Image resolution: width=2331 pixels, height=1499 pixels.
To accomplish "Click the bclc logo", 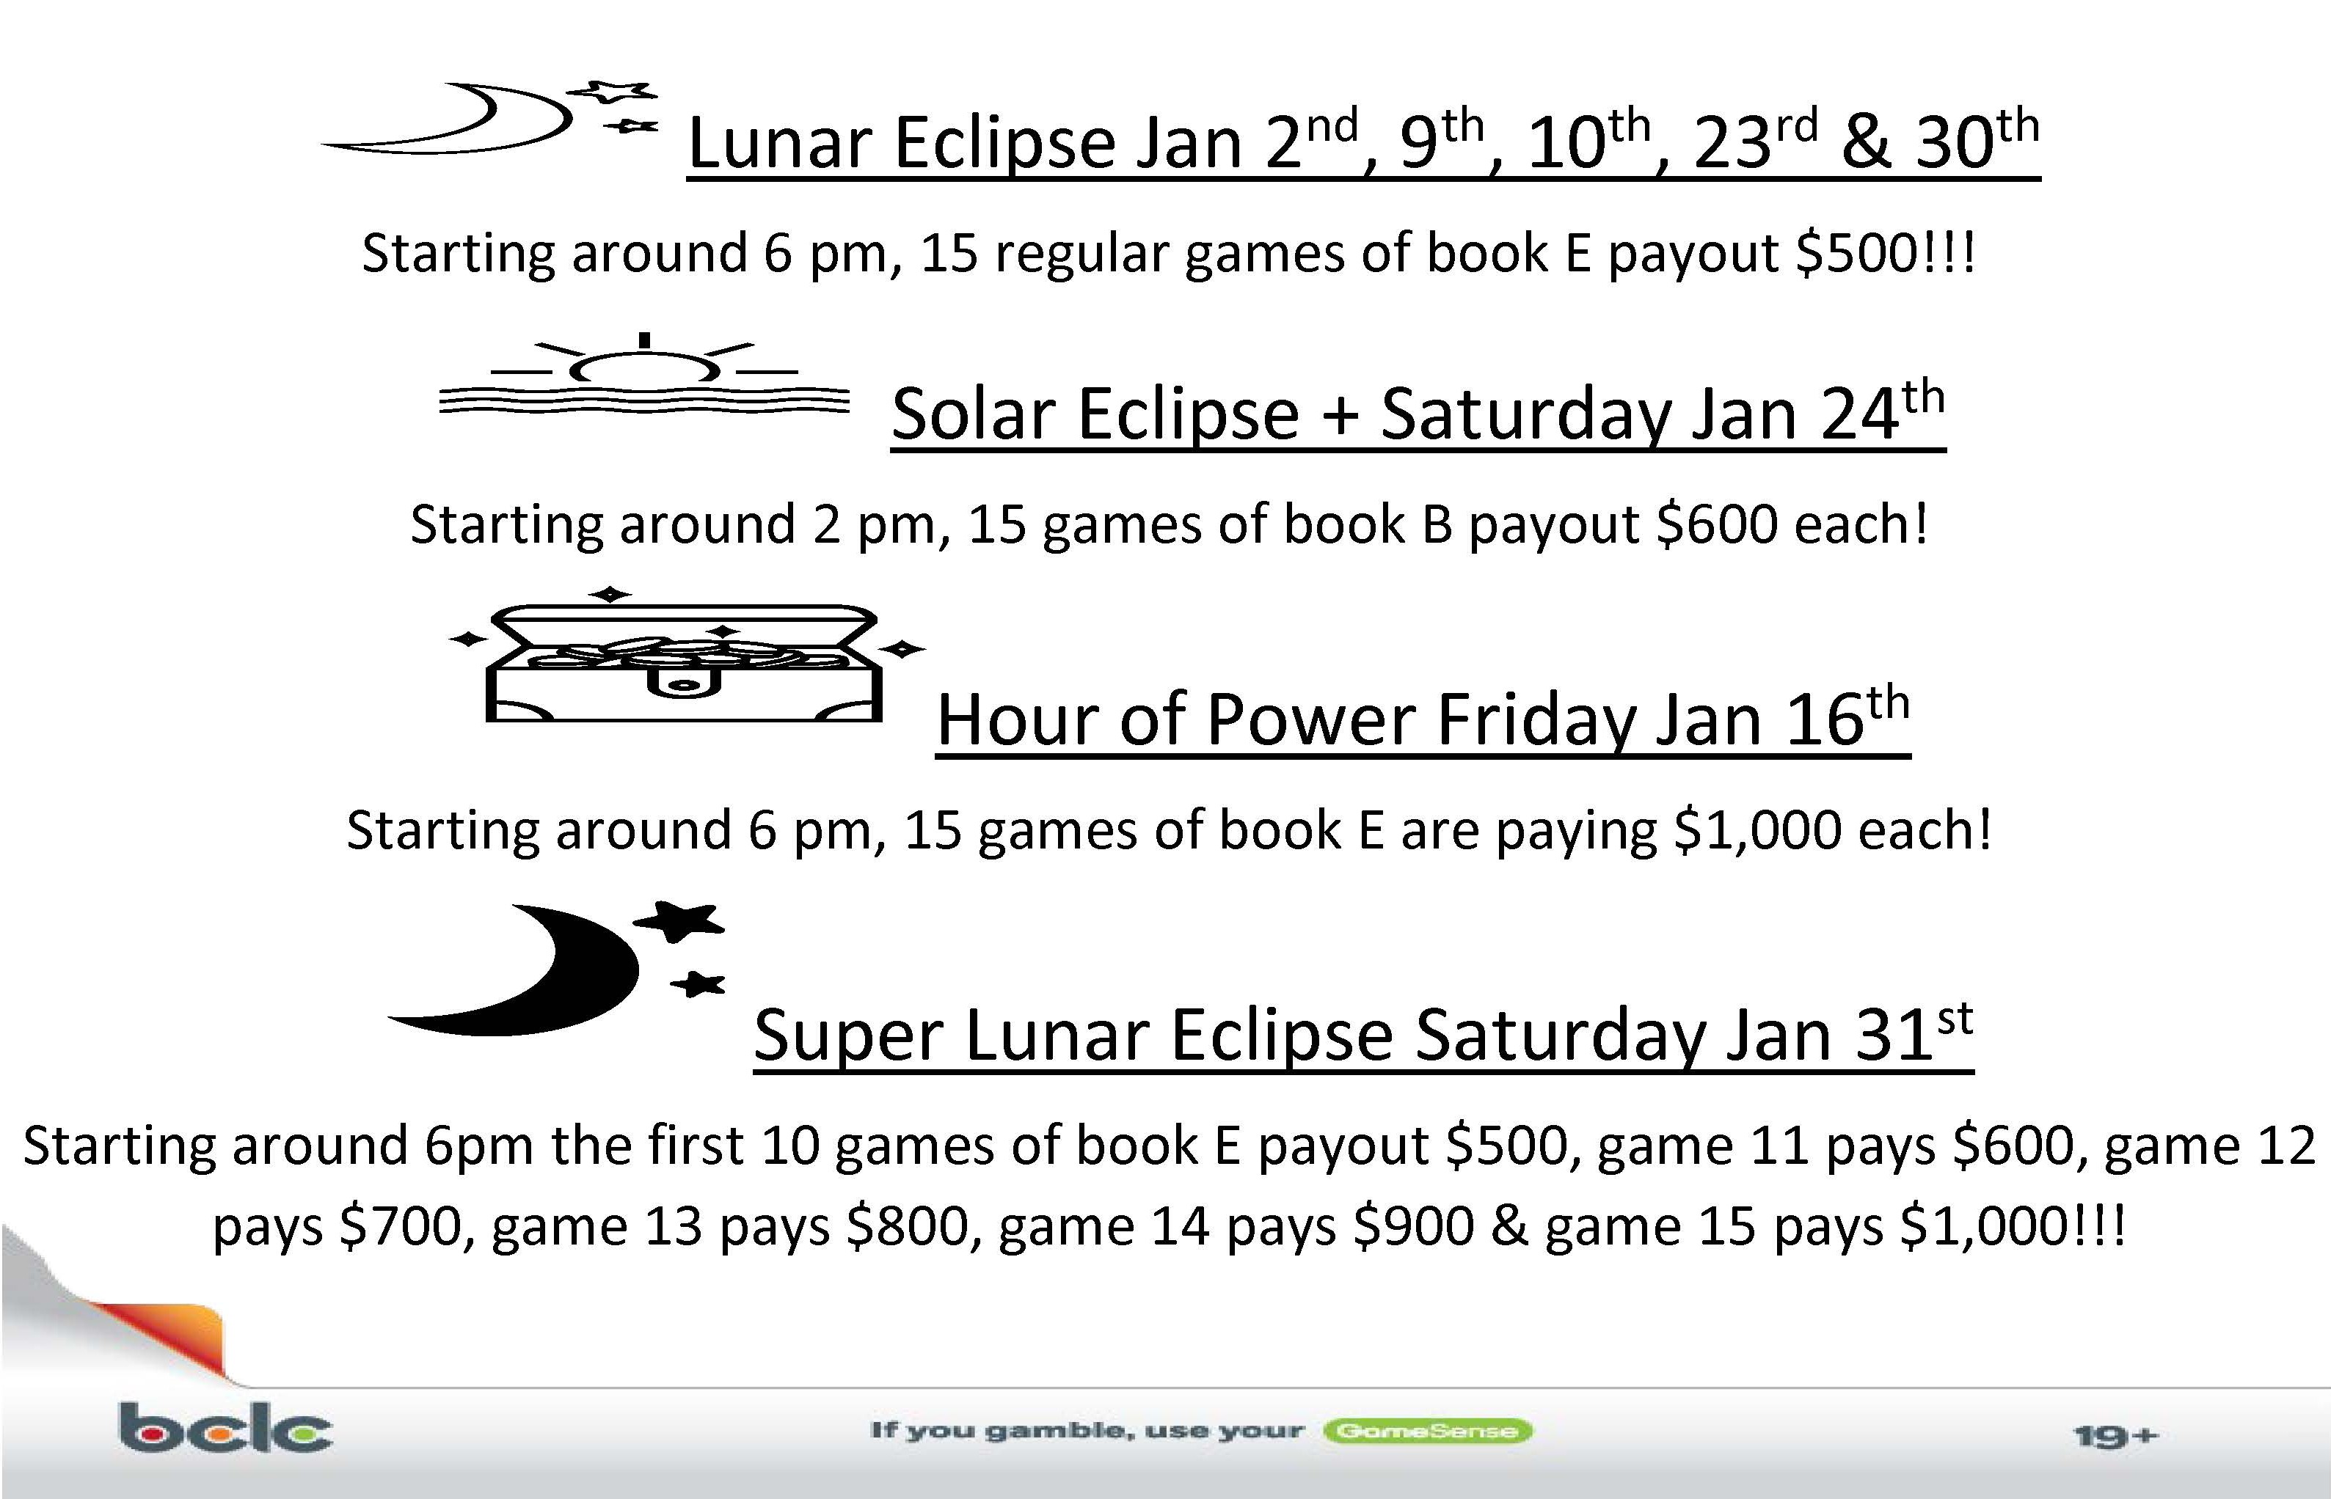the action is point(225,1427).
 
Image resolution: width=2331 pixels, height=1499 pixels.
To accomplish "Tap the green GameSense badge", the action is point(1427,1431).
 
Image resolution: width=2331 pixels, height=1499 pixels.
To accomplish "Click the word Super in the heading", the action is point(848,1036).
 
